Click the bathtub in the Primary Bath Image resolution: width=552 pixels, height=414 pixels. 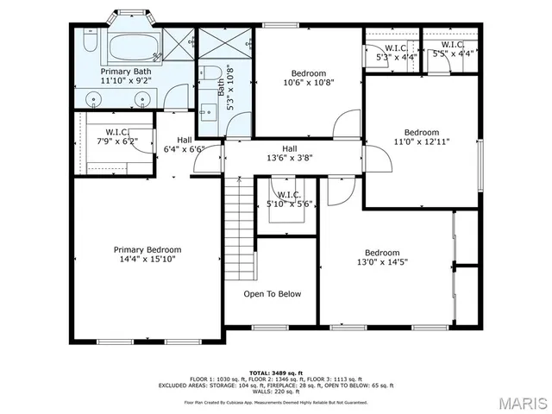129,44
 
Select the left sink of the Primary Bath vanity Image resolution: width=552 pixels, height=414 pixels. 94,97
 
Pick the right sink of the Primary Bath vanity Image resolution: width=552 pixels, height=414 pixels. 142,97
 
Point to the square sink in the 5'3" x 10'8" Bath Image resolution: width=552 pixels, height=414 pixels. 208,110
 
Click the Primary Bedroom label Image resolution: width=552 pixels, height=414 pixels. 147,249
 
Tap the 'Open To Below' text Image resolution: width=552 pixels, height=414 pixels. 272,294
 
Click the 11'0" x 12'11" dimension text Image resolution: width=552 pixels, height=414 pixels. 422,142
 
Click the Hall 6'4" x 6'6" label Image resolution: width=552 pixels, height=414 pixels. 184,145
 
